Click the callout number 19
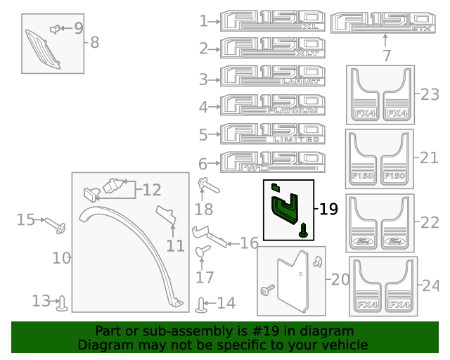coord(328,209)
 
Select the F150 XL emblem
coord(273,20)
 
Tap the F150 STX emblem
coord(383,21)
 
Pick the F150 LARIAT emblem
coord(273,77)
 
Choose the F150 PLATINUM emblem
coord(273,105)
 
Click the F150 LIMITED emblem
coord(273,133)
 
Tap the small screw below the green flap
coord(304,229)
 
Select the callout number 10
coord(61,258)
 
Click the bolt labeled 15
coord(56,225)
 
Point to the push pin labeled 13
coord(64,303)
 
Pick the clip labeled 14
coord(202,305)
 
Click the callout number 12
coord(151,190)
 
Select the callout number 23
coord(429,94)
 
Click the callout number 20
coord(340,280)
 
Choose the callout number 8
coord(94,42)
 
